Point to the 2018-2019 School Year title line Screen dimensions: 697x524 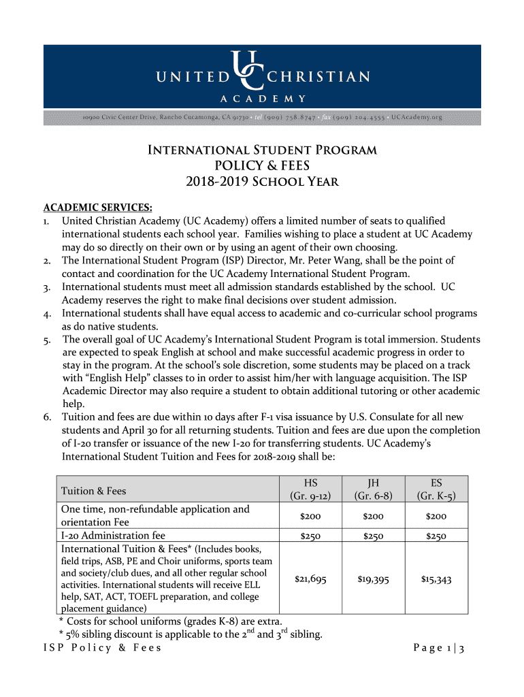coord(262,182)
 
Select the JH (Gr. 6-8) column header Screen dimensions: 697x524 coord(373,490)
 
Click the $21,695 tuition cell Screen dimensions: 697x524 coord(310,579)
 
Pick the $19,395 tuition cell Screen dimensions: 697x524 coord(373,579)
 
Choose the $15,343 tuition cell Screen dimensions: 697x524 coord(436,579)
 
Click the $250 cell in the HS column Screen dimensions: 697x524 coord(310,536)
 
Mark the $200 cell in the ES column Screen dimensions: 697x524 coord(436,517)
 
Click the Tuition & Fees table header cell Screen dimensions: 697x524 coord(94,491)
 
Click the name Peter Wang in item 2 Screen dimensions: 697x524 coord(363,261)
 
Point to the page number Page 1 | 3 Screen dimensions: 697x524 coord(438,648)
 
